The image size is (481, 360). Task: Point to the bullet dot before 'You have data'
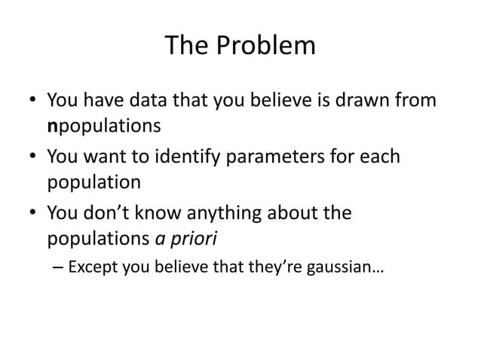tap(30, 101)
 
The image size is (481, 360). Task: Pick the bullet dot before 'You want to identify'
tap(30, 158)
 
